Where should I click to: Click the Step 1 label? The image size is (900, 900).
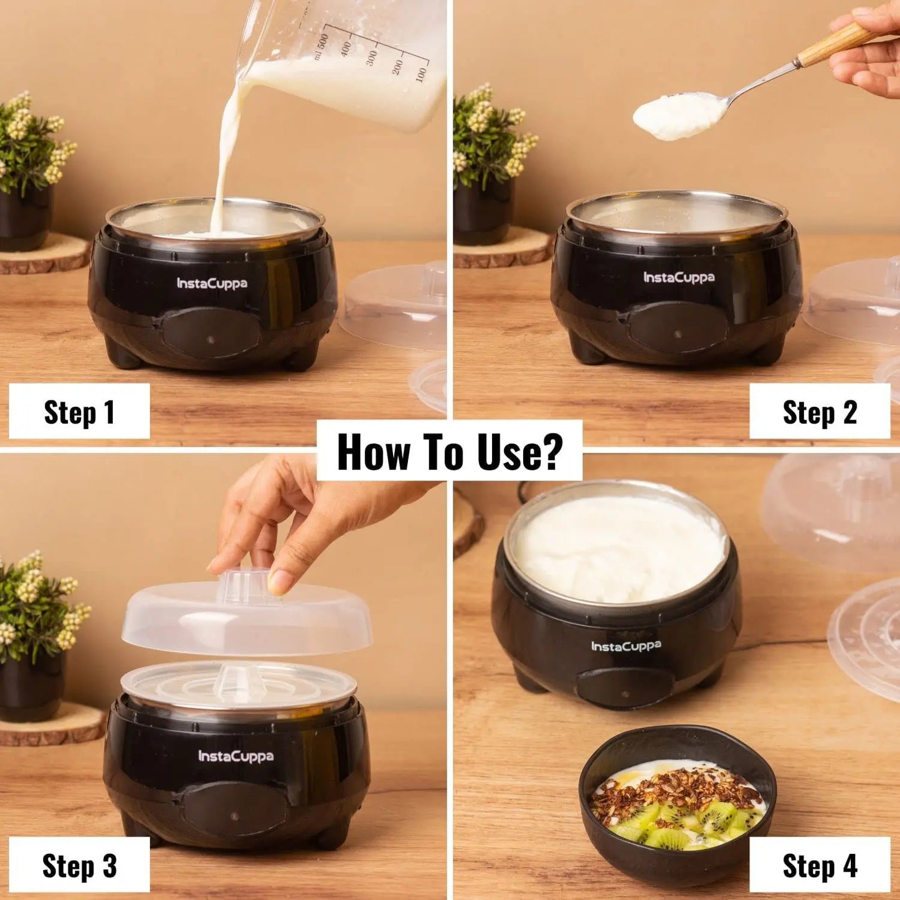[x=79, y=412]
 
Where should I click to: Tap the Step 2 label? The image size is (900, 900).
[x=820, y=412]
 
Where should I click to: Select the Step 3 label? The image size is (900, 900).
[x=79, y=865]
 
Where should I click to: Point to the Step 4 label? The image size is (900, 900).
[x=820, y=865]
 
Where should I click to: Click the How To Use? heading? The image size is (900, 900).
[x=450, y=452]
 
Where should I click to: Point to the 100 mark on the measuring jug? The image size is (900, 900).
[x=421, y=73]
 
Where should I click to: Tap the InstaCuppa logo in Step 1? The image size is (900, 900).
[x=212, y=284]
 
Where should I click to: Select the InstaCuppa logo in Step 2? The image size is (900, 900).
[x=679, y=278]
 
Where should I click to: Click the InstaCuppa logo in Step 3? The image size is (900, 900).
[x=235, y=756]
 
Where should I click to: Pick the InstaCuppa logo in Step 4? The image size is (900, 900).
[x=626, y=647]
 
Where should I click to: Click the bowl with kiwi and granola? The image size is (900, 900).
[x=678, y=810]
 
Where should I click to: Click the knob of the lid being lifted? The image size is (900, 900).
[x=245, y=586]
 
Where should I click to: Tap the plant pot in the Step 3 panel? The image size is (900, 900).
[x=31, y=685]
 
